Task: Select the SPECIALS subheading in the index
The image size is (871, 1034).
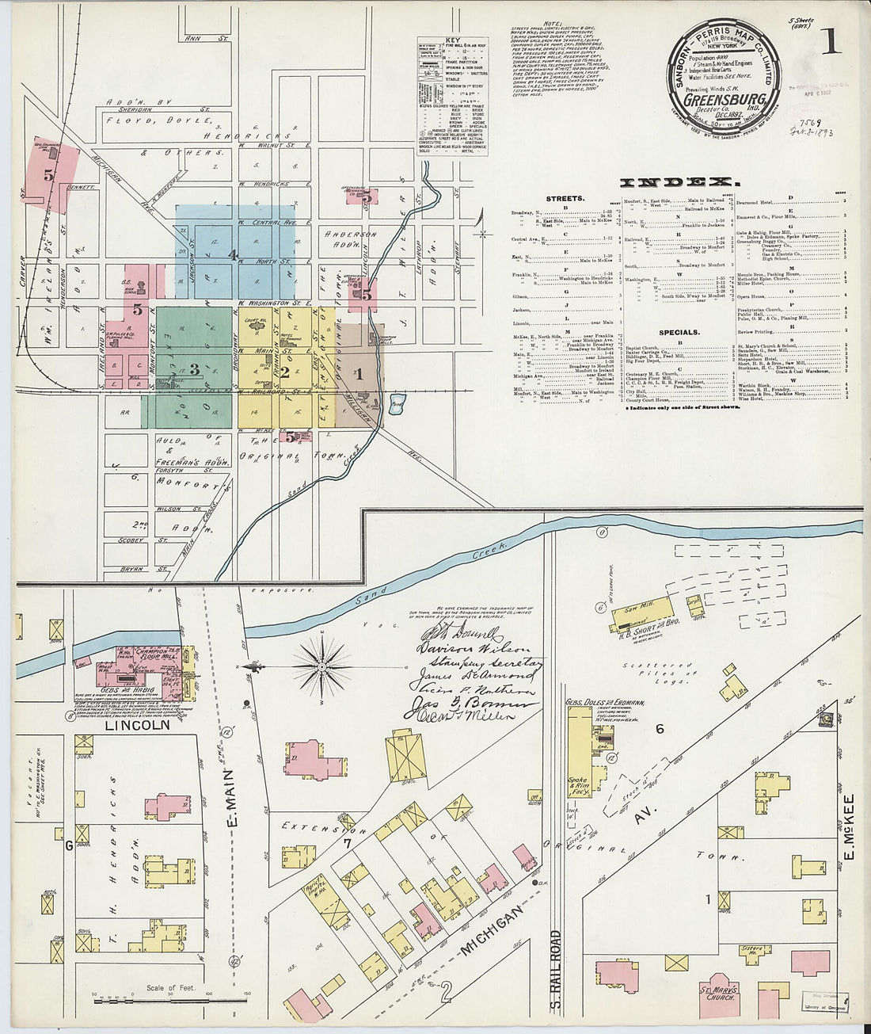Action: point(679,333)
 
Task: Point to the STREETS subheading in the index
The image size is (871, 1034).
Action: point(565,199)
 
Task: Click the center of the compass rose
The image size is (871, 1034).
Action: point(322,668)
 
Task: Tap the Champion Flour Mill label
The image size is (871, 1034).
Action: point(157,654)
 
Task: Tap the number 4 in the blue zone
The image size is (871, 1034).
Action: point(232,255)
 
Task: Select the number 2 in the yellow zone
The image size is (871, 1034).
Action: point(283,369)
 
